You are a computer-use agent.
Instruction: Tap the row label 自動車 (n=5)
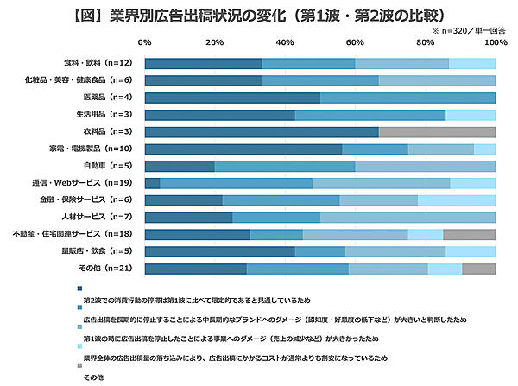[x=107, y=166]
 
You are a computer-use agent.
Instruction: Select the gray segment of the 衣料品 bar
[x=437, y=131]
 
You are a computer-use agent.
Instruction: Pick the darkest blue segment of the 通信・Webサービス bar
[x=152, y=183]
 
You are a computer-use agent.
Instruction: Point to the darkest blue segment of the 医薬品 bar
[x=232, y=97]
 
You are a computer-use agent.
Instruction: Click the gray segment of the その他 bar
[x=478, y=269]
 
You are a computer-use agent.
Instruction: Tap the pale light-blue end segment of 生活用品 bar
[x=471, y=114]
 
